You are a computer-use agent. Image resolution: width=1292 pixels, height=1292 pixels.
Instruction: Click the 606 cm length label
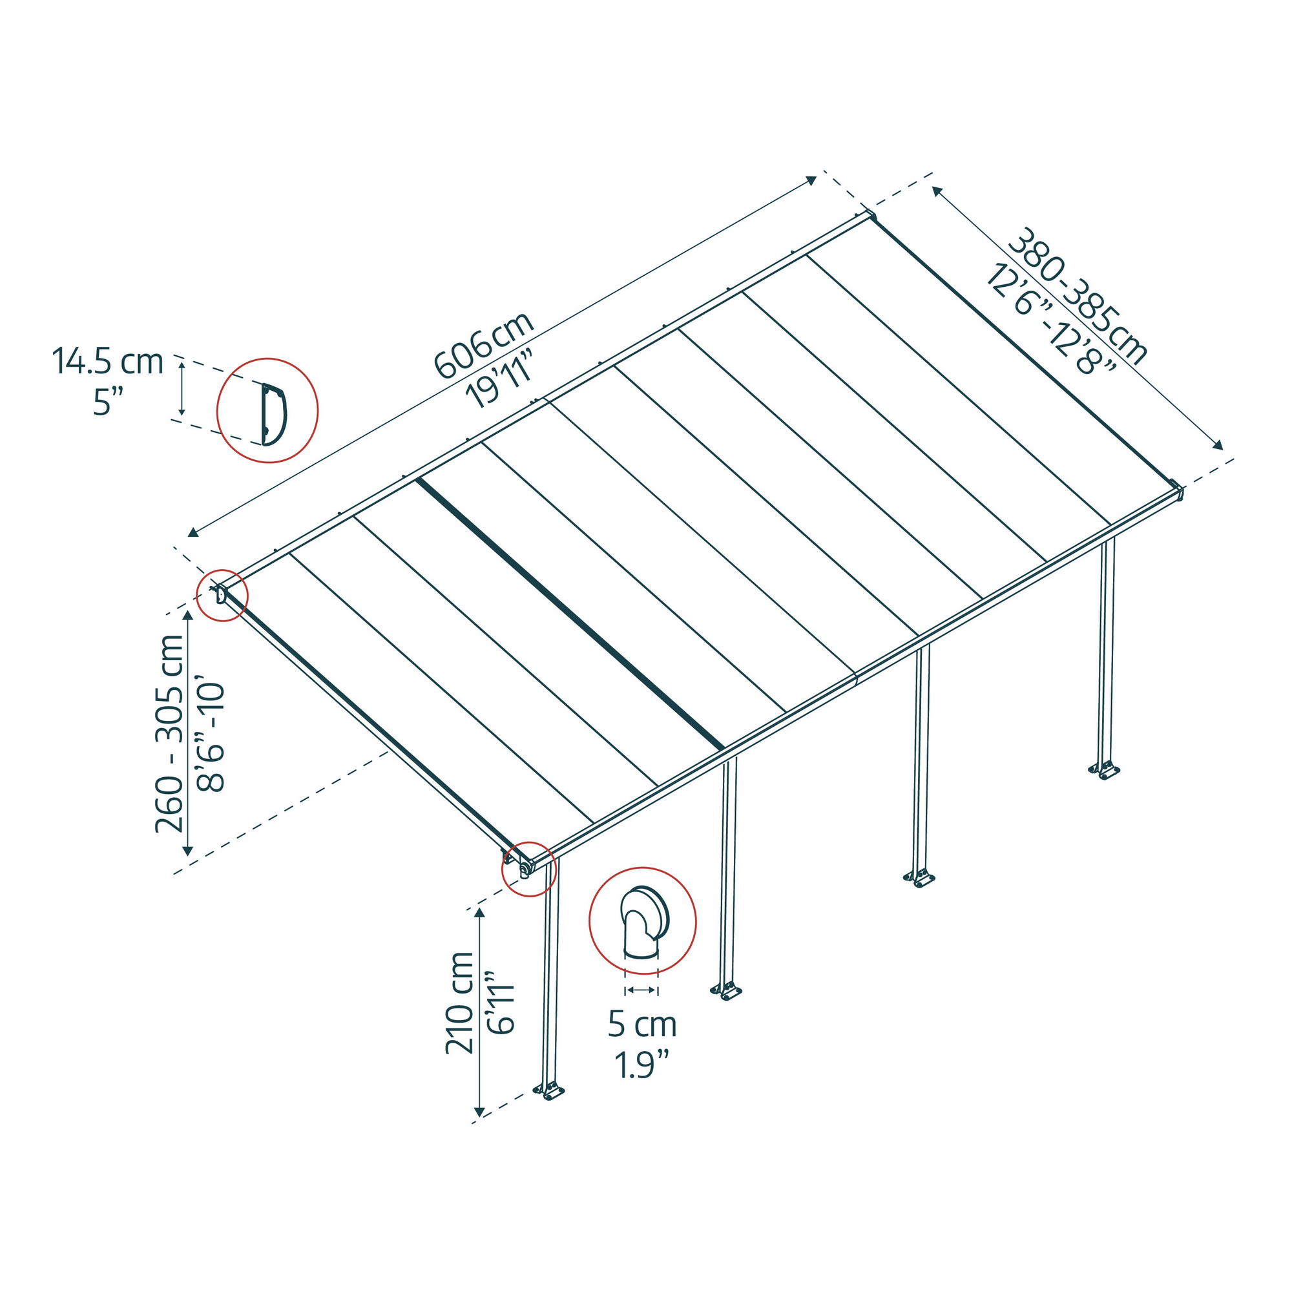coord(483,344)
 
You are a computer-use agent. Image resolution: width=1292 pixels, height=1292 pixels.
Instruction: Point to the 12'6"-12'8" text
coord(1050,320)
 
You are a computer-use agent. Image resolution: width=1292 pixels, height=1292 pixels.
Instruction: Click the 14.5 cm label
coord(108,362)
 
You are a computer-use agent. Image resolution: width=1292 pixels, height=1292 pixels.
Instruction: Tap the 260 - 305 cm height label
coord(169,734)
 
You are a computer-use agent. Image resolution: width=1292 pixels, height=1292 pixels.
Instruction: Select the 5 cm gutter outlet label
coord(642,1025)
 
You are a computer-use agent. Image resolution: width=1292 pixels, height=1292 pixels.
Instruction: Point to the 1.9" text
coord(642,1065)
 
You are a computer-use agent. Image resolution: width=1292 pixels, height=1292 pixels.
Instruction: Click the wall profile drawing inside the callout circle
coord(273,414)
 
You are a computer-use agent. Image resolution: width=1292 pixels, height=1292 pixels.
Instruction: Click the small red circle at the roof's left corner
coord(222,595)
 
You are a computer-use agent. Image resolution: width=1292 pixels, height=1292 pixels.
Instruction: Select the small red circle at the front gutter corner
coord(528,869)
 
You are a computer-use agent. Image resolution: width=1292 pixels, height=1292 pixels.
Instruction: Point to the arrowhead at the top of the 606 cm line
coord(811,181)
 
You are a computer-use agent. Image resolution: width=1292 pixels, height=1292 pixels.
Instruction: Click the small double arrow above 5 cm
coord(641,990)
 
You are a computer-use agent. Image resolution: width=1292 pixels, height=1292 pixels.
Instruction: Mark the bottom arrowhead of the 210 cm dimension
coord(479,1112)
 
